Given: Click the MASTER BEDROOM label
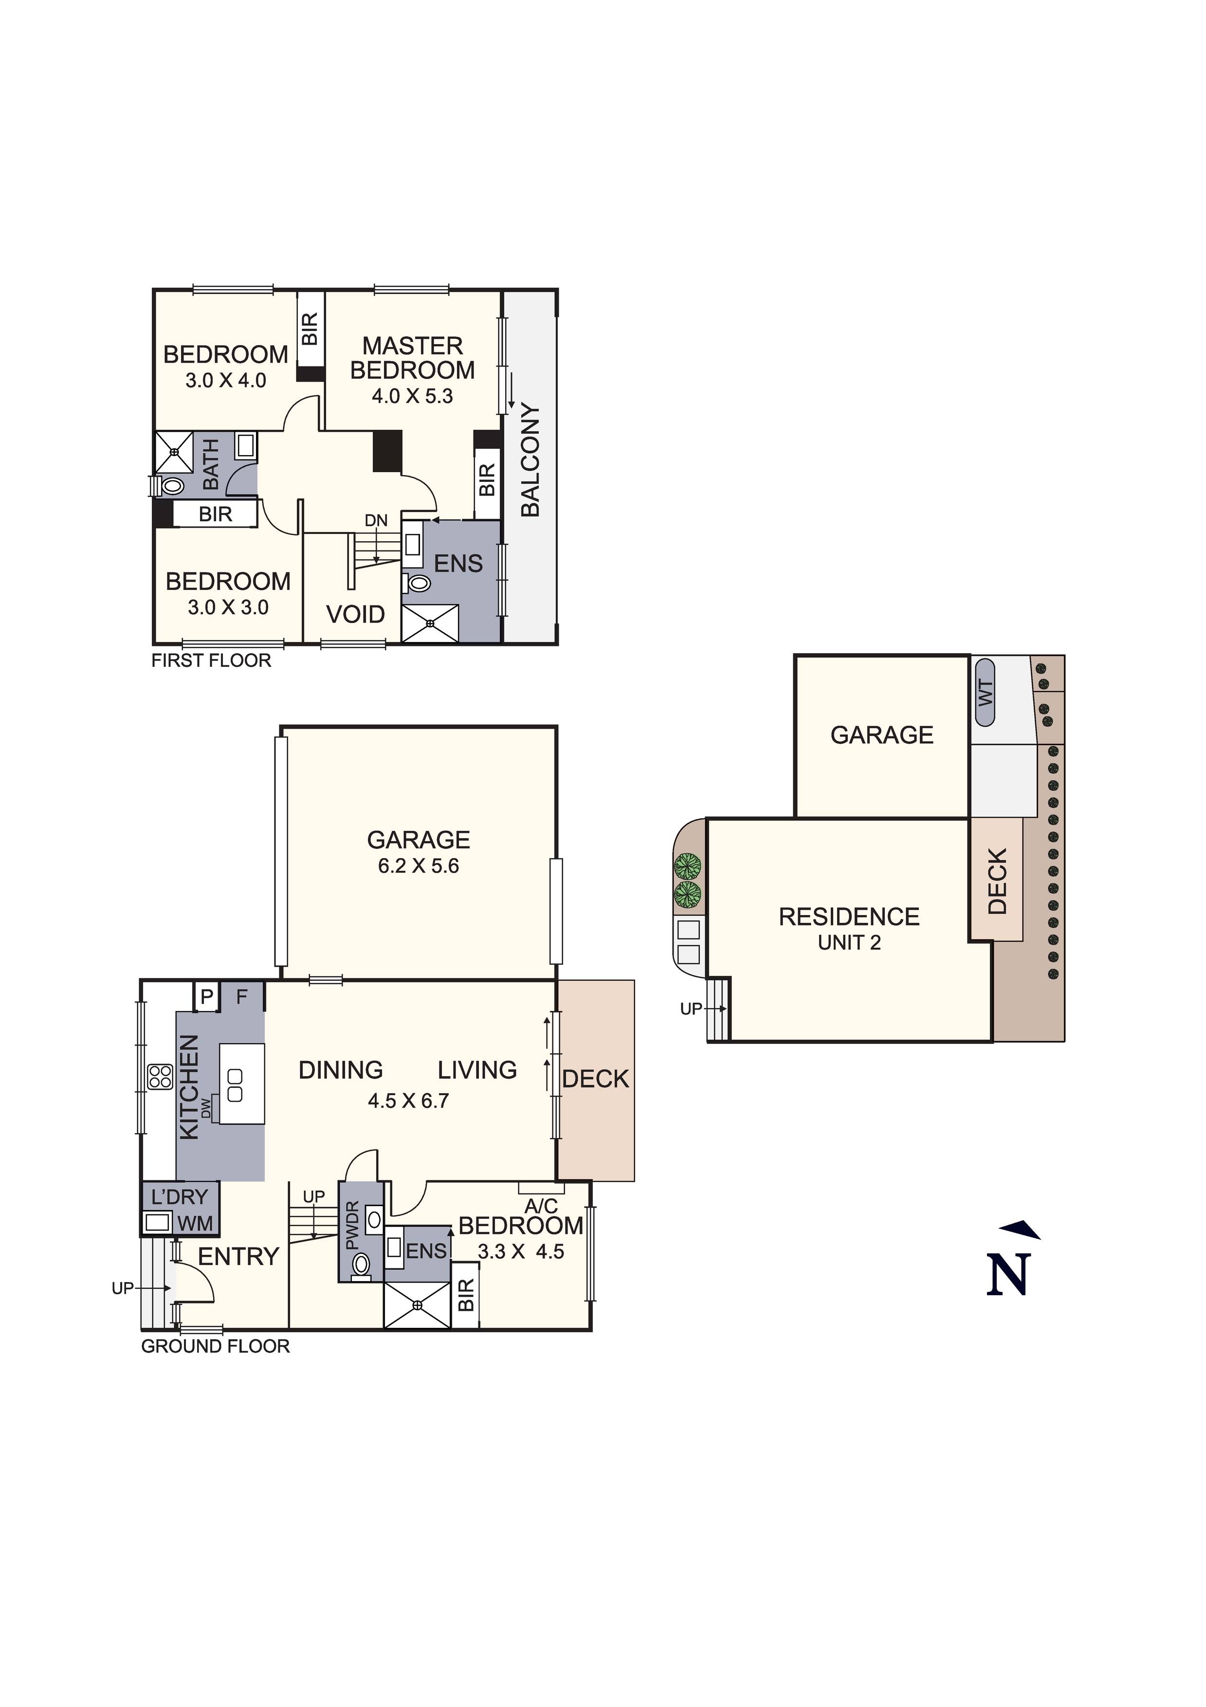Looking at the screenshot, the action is tap(413, 358).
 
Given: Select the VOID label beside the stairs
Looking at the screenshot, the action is tap(355, 614).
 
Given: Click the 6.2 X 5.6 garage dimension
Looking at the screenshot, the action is tap(419, 865).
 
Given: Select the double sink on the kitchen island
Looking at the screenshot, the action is tap(235, 1085).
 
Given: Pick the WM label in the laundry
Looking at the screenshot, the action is tap(195, 1223).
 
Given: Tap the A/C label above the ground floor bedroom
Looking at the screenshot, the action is tap(541, 1206).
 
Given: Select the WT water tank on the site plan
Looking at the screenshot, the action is tap(985, 692).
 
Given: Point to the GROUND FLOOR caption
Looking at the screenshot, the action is tap(216, 1346).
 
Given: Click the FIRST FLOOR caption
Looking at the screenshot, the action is tap(211, 660).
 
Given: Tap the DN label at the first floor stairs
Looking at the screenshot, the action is tap(376, 520).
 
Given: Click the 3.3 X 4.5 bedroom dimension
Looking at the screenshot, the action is tap(520, 1251).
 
